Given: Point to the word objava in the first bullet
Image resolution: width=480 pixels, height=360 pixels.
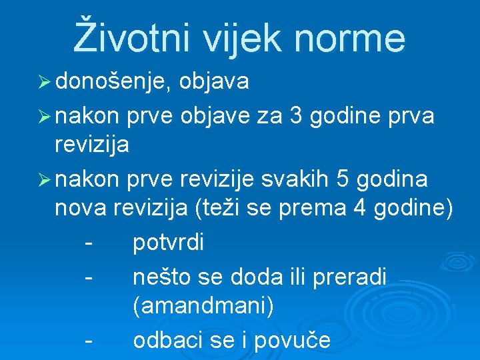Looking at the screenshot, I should click(215, 83).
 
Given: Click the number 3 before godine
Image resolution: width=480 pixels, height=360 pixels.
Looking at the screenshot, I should click(297, 116).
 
